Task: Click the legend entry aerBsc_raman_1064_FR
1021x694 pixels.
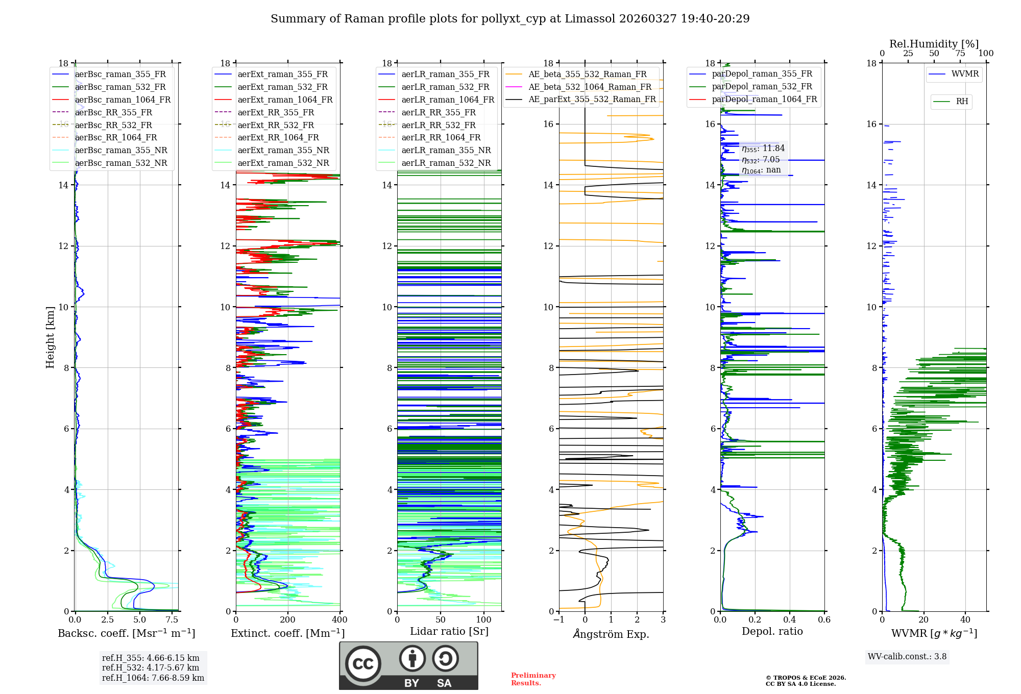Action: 123,100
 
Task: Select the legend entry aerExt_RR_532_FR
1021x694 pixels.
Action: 276,125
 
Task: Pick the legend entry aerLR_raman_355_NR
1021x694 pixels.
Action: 446,150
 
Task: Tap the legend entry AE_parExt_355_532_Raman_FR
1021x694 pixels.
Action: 592,99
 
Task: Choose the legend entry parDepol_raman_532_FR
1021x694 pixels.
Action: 762,86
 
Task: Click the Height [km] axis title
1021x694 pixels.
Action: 50,337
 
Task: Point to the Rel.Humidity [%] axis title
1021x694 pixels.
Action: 934,44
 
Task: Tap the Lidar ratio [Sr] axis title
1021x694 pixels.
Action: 449,631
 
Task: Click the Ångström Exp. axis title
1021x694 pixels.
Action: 611,634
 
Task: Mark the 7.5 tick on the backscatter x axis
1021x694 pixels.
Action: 172,620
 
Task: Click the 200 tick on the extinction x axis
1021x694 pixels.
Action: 287,620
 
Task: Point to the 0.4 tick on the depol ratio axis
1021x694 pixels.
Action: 789,620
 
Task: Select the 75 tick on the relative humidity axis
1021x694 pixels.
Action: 960,54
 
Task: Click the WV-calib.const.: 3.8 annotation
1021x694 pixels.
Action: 907,657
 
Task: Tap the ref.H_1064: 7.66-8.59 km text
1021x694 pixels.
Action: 153,678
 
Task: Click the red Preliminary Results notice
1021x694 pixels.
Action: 533,679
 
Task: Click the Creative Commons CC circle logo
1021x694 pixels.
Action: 363,664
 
